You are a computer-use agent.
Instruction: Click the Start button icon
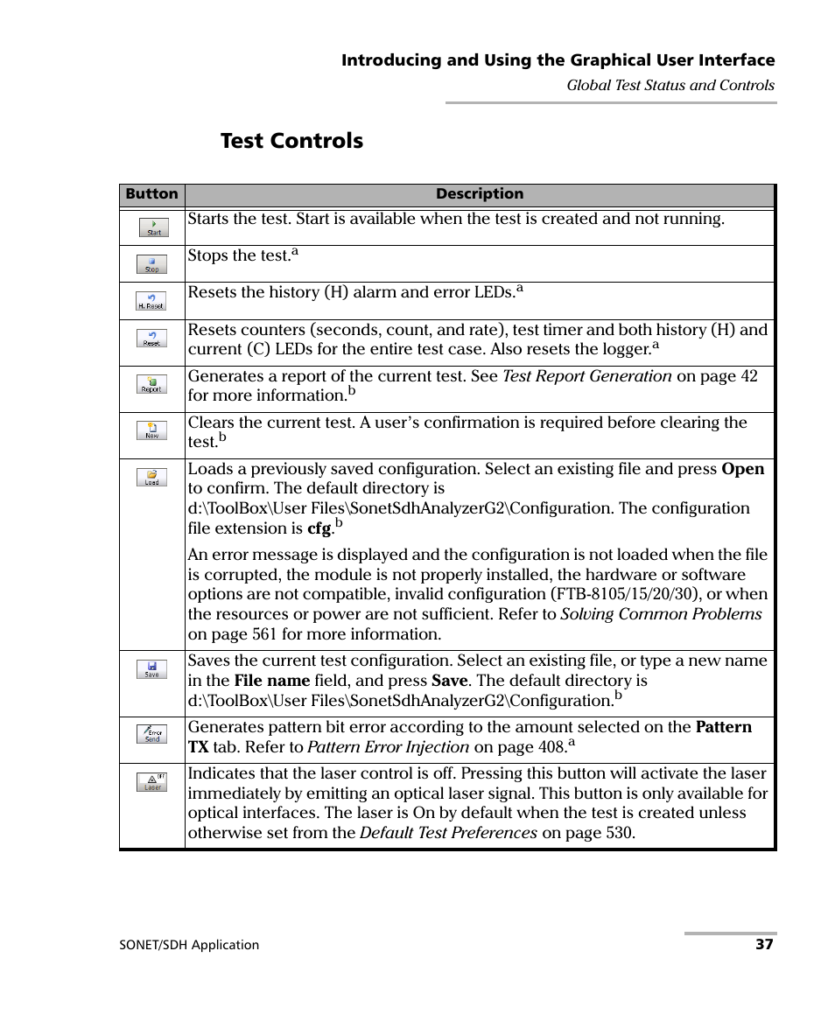[153, 227]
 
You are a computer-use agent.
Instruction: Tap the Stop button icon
[151, 264]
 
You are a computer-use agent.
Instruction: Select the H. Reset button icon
[151, 302]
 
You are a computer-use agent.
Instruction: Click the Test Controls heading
[291, 141]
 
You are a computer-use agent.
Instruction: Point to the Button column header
[151, 194]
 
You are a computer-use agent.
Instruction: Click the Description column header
[480, 194]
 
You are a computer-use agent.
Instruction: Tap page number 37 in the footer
[765, 945]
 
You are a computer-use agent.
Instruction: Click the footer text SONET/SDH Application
[189, 945]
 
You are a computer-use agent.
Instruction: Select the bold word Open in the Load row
[743, 469]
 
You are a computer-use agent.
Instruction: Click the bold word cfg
[319, 528]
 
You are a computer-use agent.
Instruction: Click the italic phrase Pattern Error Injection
[389, 747]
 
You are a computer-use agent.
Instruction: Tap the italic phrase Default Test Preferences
[448, 833]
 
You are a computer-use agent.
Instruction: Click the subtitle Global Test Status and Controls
[670, 85]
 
